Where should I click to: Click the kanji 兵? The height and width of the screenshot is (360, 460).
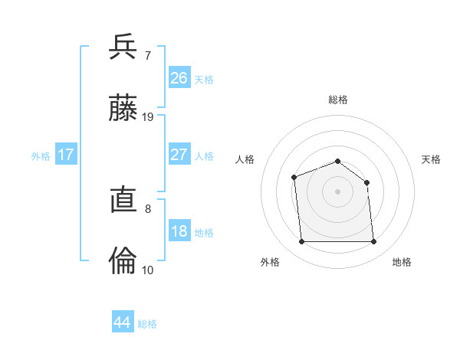[123, 47]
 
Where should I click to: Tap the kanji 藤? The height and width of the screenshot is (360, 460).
[123, 108]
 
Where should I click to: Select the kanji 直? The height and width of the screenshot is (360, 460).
[123, 201]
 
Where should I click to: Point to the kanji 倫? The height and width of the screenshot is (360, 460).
[123, 261]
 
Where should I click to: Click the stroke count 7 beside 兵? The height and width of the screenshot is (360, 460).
[147, 55]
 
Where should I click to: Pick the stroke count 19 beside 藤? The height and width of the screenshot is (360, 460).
[148, 116]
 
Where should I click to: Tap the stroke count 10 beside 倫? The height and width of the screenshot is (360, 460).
[148, 270]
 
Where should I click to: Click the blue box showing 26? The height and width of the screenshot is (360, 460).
[179, 78]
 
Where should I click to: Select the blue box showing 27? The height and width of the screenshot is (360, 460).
[179, 155]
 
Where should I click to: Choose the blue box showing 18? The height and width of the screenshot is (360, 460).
[179, 231]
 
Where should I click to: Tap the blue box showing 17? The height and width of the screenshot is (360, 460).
[66, 155]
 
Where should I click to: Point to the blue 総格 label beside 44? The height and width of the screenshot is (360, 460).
[147, 324]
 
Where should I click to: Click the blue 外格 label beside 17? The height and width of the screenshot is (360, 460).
[41, 156]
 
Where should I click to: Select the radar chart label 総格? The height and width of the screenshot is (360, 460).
[337, 100]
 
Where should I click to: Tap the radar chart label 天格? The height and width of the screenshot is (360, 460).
[431, 159]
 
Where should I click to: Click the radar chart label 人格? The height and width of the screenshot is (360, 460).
[245, 159]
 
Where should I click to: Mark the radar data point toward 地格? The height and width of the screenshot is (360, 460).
[373, 242]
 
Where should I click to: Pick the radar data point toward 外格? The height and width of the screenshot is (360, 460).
[301, 242]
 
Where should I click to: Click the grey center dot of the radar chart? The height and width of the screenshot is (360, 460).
[337, 191]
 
